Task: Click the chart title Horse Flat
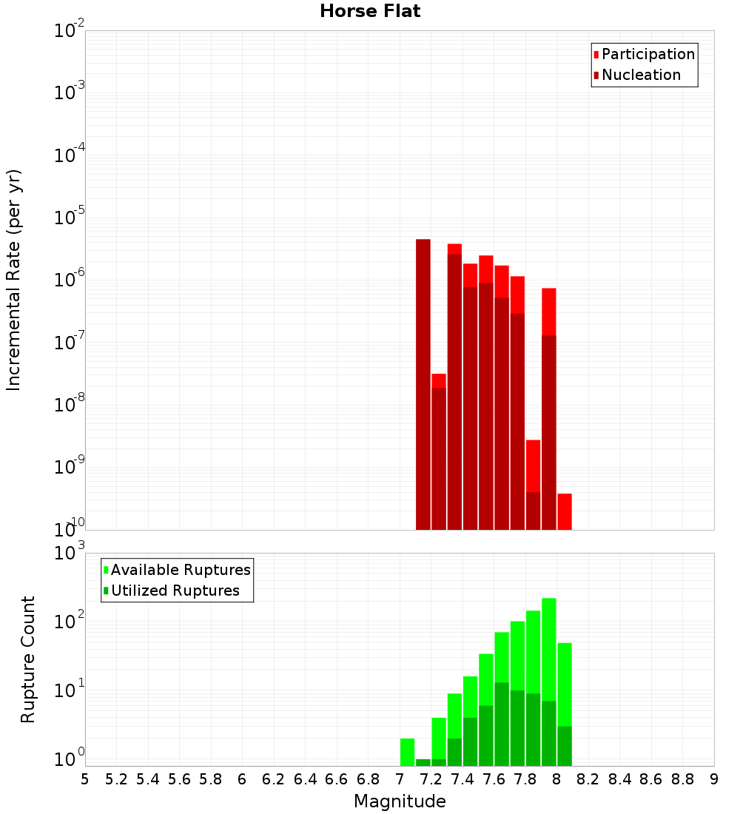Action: pyautogui.click(x=370, y=11)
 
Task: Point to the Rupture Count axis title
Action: pyautogui.click(x=28, y=659)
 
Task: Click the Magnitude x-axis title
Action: pyautogui.click(x=400, y=801)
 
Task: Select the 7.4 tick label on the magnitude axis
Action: pyautogui.click(x=462, y=779)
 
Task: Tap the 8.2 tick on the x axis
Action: pyautogui.click(x=588, y=779)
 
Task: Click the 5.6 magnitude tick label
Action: pyautogui.click(x=179, y=779)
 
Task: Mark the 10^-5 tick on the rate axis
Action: pyautogui.click(x=70, y=218)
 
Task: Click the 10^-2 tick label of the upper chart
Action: pyautogui.click(x=70, y=31)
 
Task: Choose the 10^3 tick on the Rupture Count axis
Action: pyautogui.click(x=70, y=552)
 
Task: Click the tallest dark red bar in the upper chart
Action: pyautogui.click(x=423, y=385)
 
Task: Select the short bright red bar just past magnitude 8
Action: pyautogui.click(x=565, y=511)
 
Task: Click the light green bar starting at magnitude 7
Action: pyautogui.click(x=407, y=751)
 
